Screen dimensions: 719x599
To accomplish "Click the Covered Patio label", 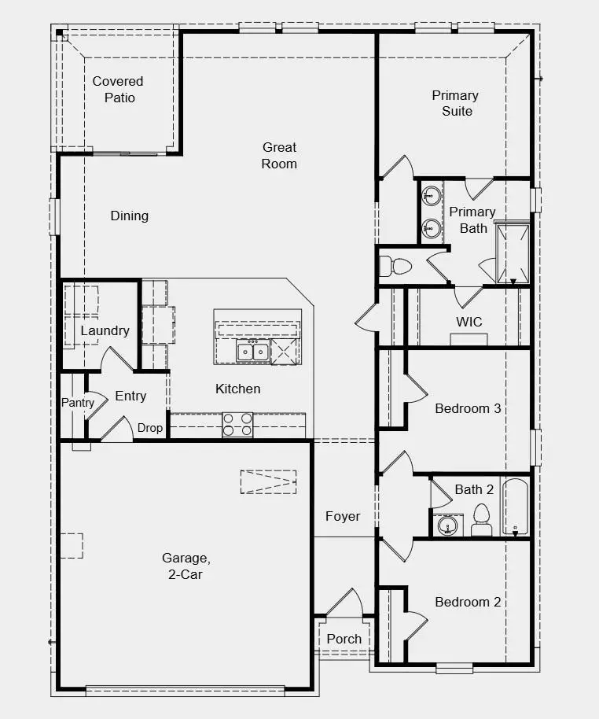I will [x=118, y=90].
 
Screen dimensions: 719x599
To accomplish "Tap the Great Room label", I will [x=279, y=156].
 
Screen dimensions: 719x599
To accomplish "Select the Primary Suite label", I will [x=456, y=103].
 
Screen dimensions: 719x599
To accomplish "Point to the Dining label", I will [x=130, y=216].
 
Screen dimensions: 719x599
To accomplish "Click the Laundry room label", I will [x=105, y=330].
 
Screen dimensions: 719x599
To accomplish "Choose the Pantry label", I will [x=78, y=403].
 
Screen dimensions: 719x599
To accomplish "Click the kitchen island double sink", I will [x=253, y=352].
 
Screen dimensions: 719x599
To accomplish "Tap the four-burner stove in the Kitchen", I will [x=237, y=425].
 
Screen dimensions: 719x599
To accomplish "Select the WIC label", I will [x=469, y=322].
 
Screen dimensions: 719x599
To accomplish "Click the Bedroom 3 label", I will [x=468, y=408].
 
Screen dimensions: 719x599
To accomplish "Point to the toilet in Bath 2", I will [x=481, y=521].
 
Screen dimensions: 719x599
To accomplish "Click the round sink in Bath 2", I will [x=448, y=525].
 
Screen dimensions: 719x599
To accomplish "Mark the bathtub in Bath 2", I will [x=516, y=507].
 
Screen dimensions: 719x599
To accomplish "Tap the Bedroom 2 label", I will [x=468, y=602].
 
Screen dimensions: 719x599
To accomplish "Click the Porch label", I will [x=344, y=639].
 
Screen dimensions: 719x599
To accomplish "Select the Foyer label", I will [x=343, y=516].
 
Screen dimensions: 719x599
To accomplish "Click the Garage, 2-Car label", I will [x=186, y=566].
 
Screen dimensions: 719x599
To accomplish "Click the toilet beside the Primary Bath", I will [x=394, y=266].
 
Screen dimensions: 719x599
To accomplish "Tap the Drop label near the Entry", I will [x=150, y=428].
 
